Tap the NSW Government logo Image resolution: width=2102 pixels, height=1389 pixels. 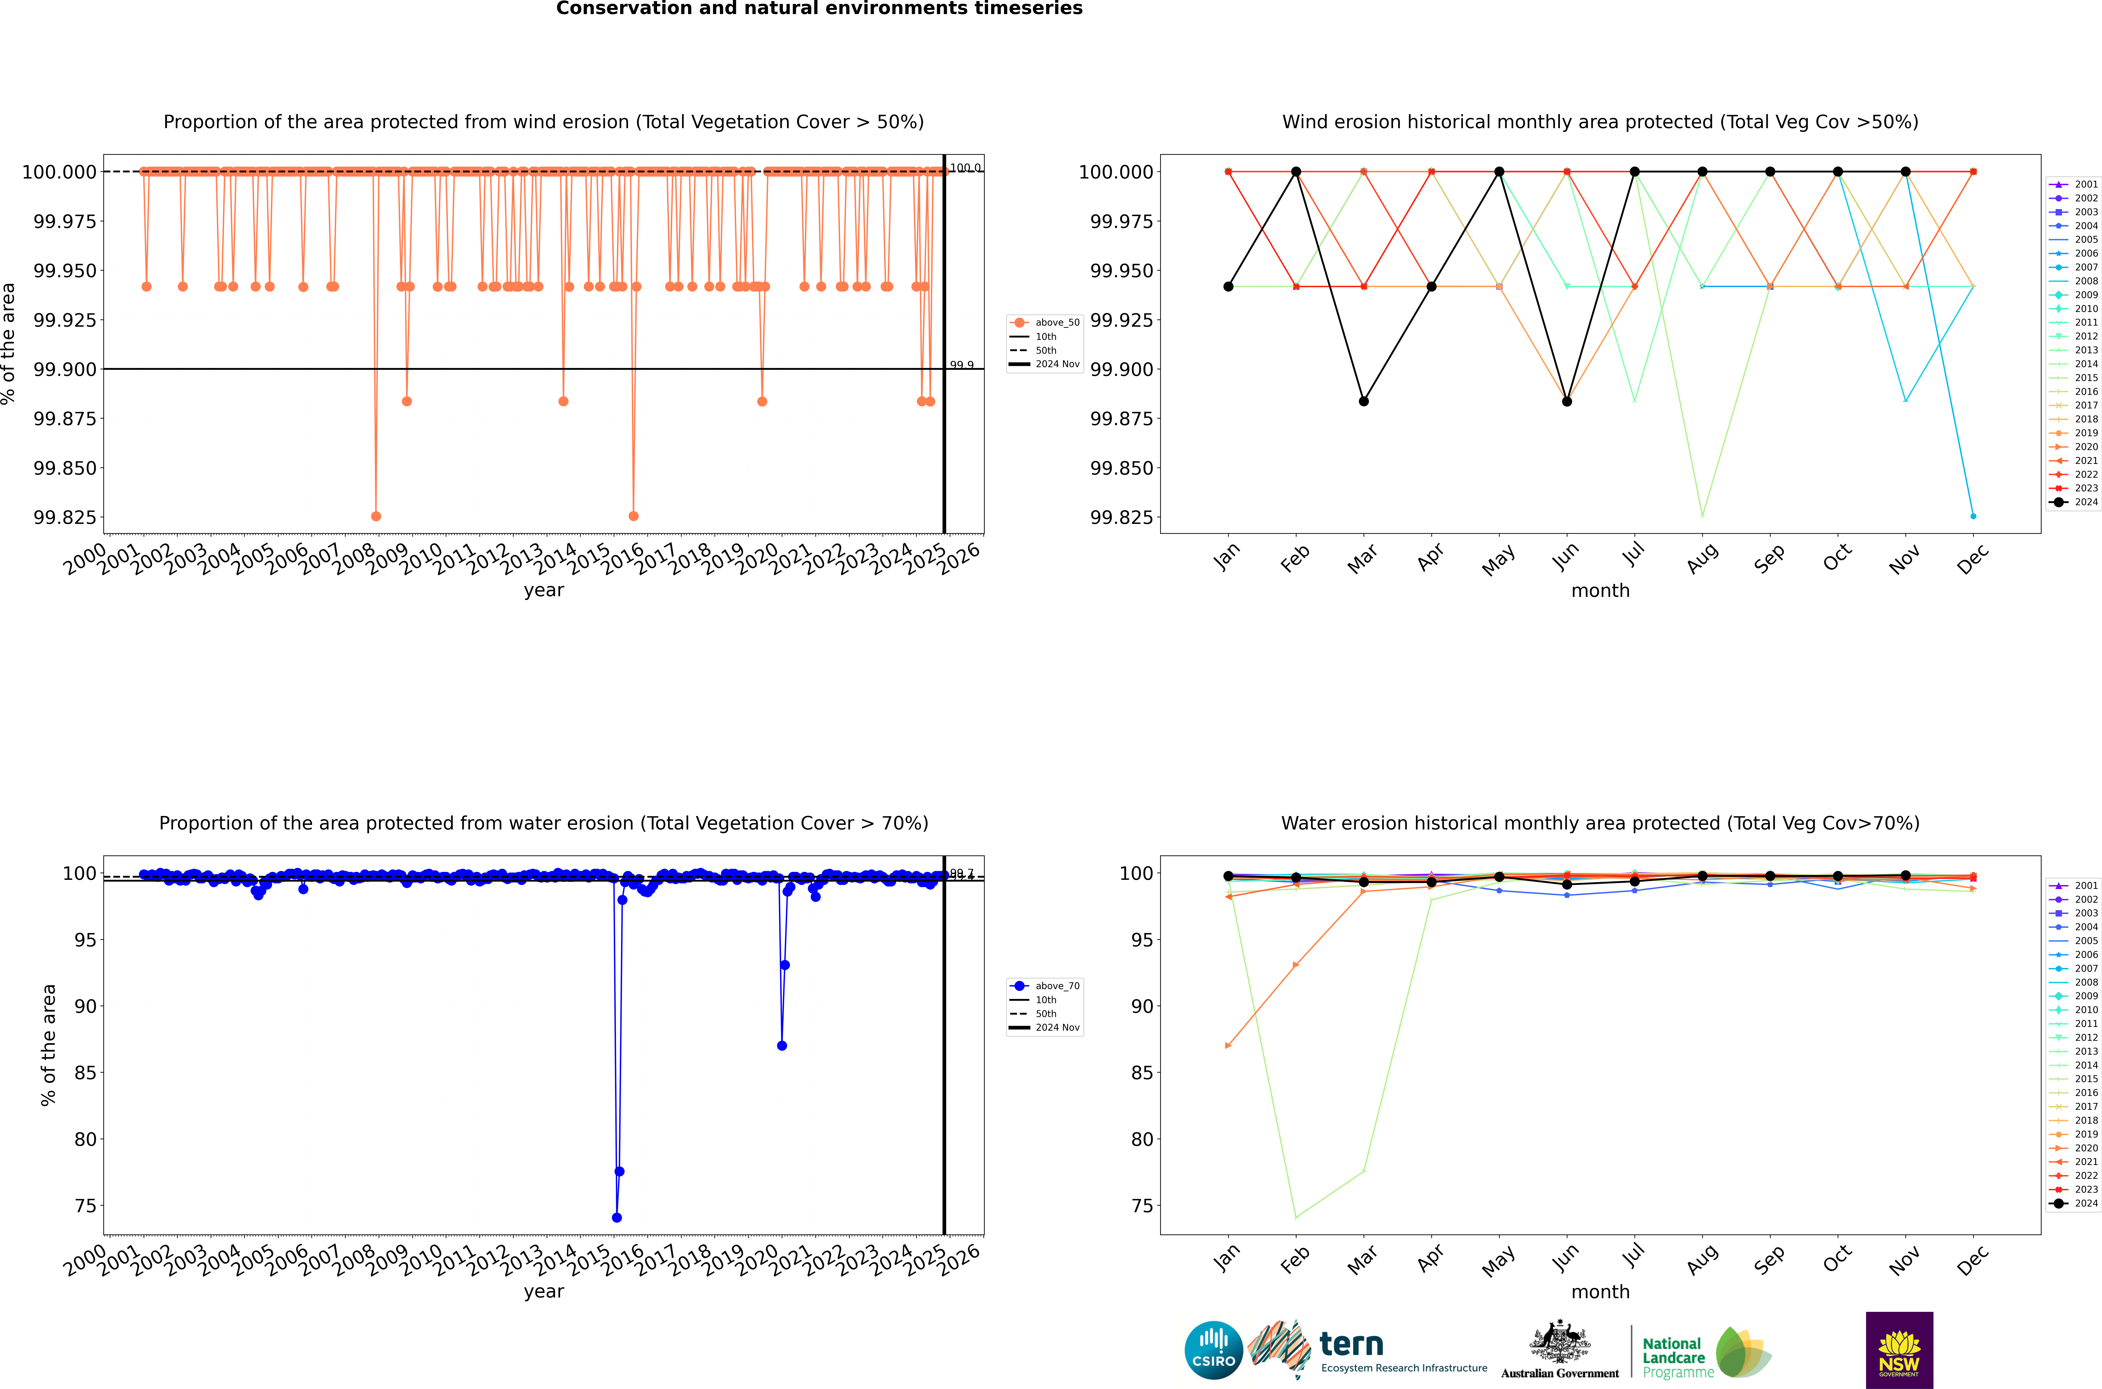point(1899,1350)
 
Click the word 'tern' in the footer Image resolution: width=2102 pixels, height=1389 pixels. point(1351,1345)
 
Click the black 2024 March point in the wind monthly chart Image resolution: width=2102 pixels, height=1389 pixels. point(1363,401)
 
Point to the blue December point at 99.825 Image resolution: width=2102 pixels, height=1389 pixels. point(1973,516)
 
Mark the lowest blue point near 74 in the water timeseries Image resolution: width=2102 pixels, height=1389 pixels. point(617,1217)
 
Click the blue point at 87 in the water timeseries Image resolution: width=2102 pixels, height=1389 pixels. point(781,1045)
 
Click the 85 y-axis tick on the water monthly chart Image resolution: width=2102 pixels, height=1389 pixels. point(1142,1073)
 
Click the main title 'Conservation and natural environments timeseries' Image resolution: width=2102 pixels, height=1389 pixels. point(818,9)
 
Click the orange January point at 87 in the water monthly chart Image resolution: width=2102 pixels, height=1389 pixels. point(1228,1045)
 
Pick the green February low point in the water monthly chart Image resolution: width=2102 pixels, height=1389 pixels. point(1296,1217)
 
